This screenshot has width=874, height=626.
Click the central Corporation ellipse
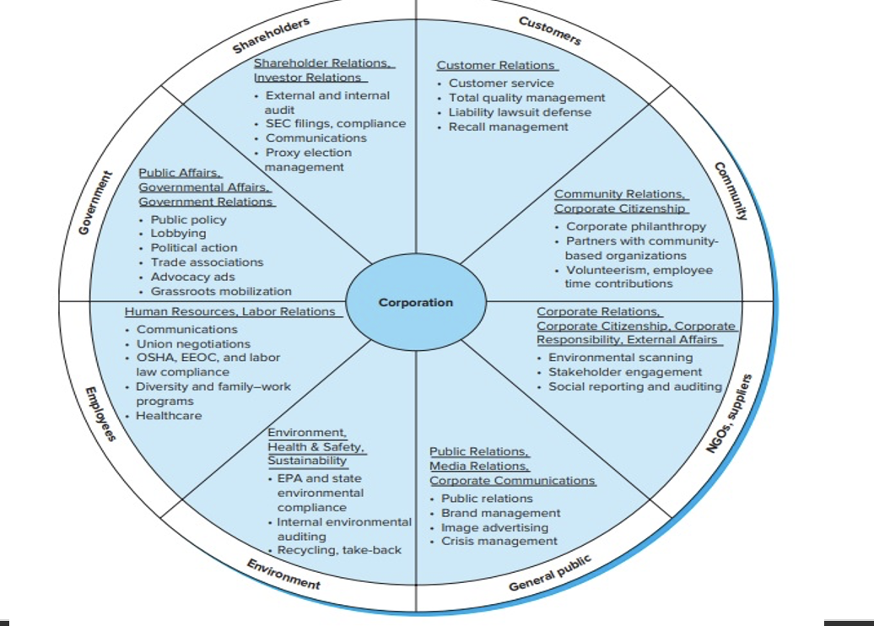click(x=415, y=302)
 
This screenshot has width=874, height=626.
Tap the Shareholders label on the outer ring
click(x=272, y=35)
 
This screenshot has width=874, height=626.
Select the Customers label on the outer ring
click(x=550, y=30)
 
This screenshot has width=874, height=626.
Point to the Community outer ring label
click(x=731, y=191)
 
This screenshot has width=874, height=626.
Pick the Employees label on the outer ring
click(x=100, y=413)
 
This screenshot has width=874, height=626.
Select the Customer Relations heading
click(x=496, y=65)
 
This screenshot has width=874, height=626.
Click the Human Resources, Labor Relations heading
click(x=229, y=311)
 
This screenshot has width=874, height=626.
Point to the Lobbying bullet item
click(x=178, y=233)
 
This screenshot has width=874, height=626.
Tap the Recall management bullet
click(x=509, y=127)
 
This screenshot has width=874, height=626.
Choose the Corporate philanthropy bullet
click(x=636, y=226)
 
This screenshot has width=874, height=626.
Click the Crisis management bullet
click(x=499, y=541)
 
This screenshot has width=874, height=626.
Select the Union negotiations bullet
click(x=193, y=343)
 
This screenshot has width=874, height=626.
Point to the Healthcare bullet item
click(x=169, y=415)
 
